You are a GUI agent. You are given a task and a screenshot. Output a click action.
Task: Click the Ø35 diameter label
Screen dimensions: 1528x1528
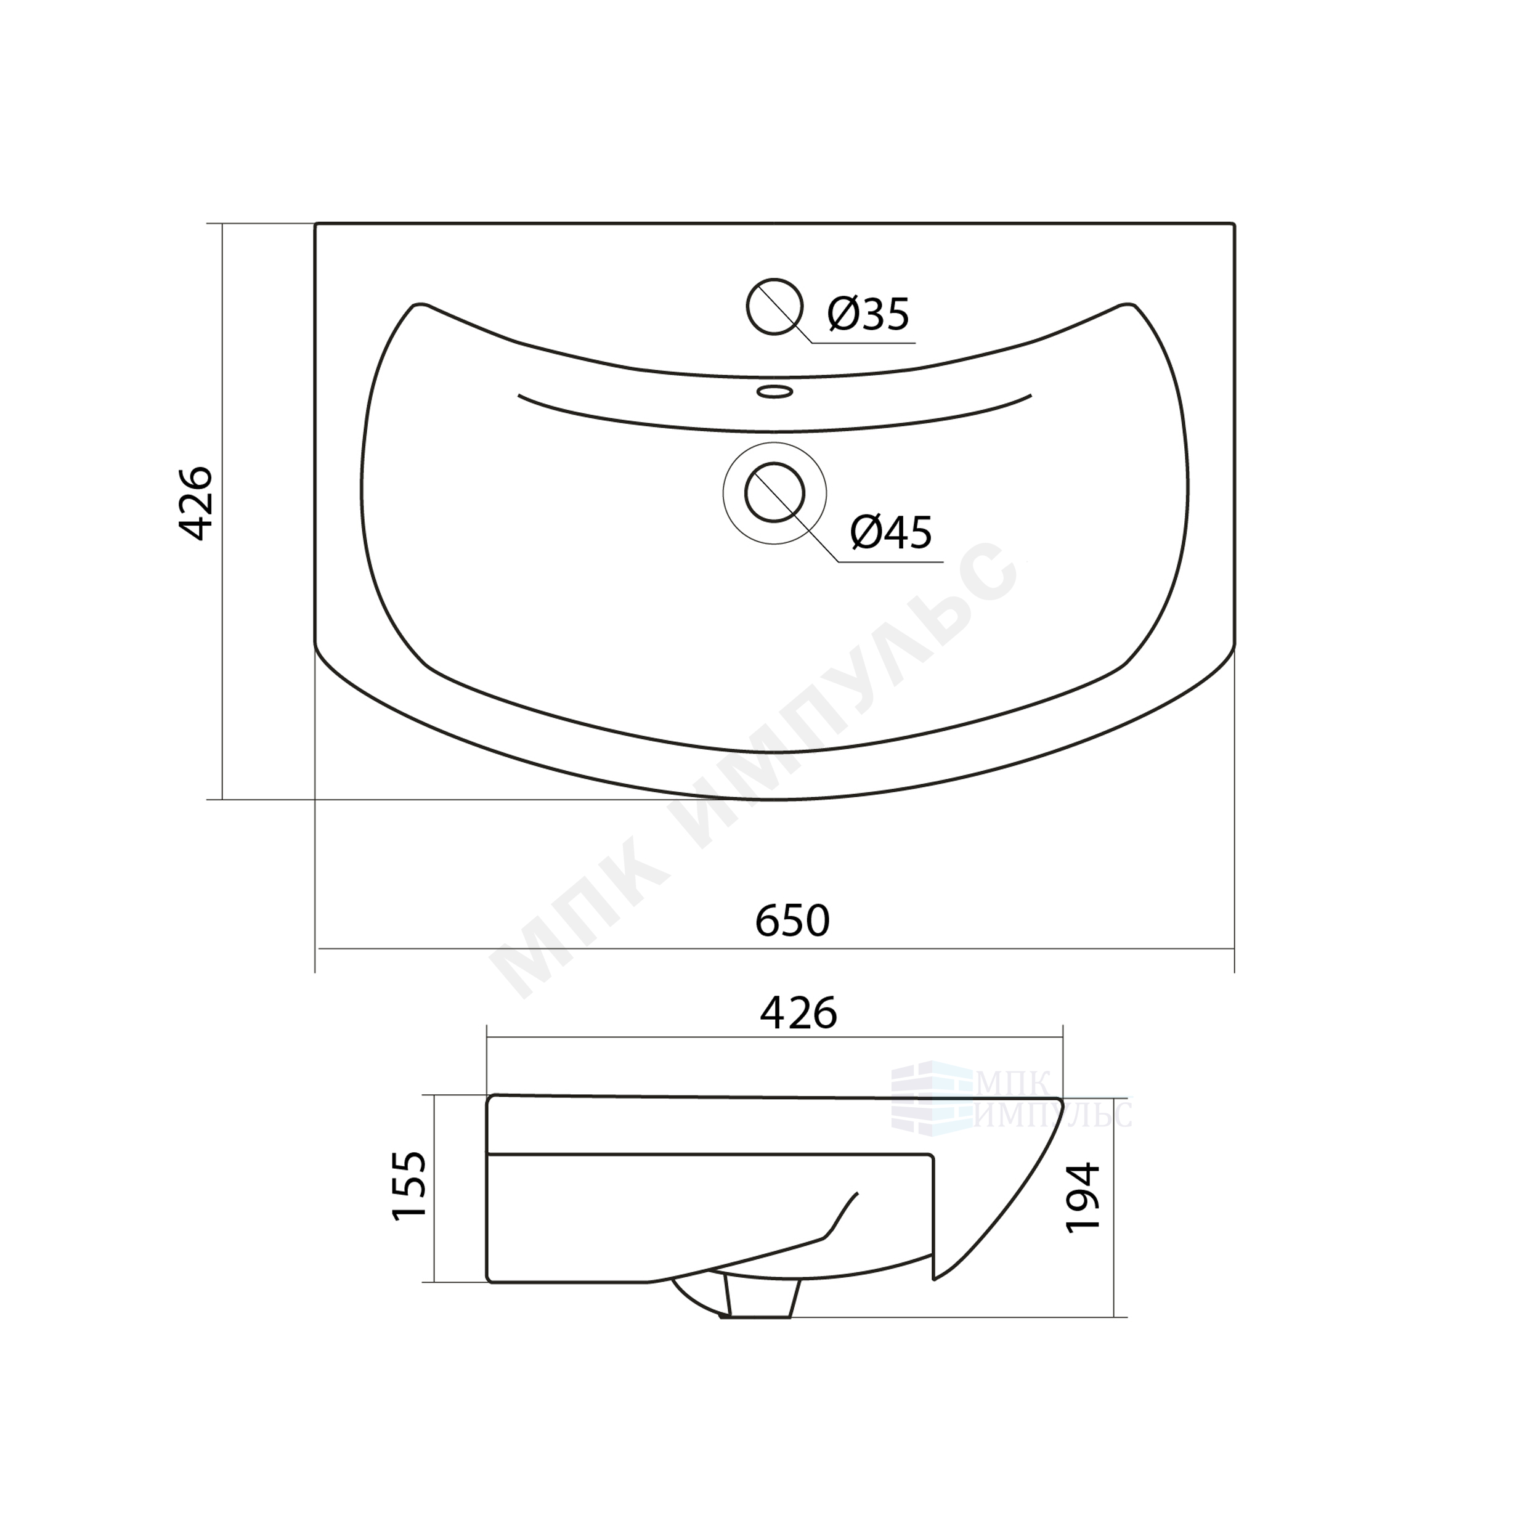(868, 314)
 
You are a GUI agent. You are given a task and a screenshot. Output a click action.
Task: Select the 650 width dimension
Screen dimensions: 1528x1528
(792, 920)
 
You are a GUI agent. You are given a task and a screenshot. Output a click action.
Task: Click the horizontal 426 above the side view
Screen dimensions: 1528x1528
(798, 1013)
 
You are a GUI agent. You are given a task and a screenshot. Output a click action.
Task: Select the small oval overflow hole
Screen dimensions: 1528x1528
(774, 391)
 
